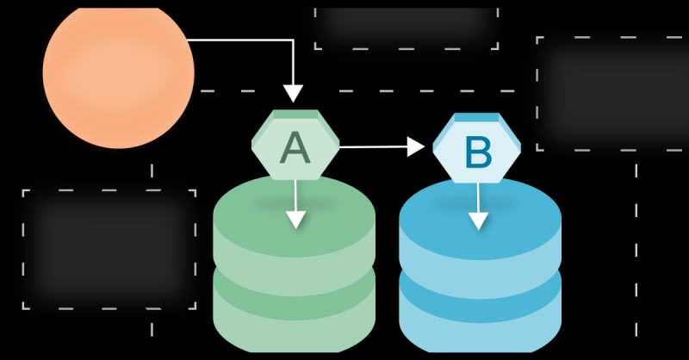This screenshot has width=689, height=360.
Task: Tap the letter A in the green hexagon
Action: coord(295,148)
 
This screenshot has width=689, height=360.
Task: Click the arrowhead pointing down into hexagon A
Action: coord(294,93)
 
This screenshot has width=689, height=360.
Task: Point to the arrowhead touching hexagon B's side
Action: coord(417,147)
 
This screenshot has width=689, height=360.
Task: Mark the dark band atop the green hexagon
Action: coord(295,115)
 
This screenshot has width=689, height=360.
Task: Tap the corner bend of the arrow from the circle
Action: coord(294,40)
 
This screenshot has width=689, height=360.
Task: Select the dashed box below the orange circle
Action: coord(109,249)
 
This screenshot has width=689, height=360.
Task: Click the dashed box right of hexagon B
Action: coord(612,94)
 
